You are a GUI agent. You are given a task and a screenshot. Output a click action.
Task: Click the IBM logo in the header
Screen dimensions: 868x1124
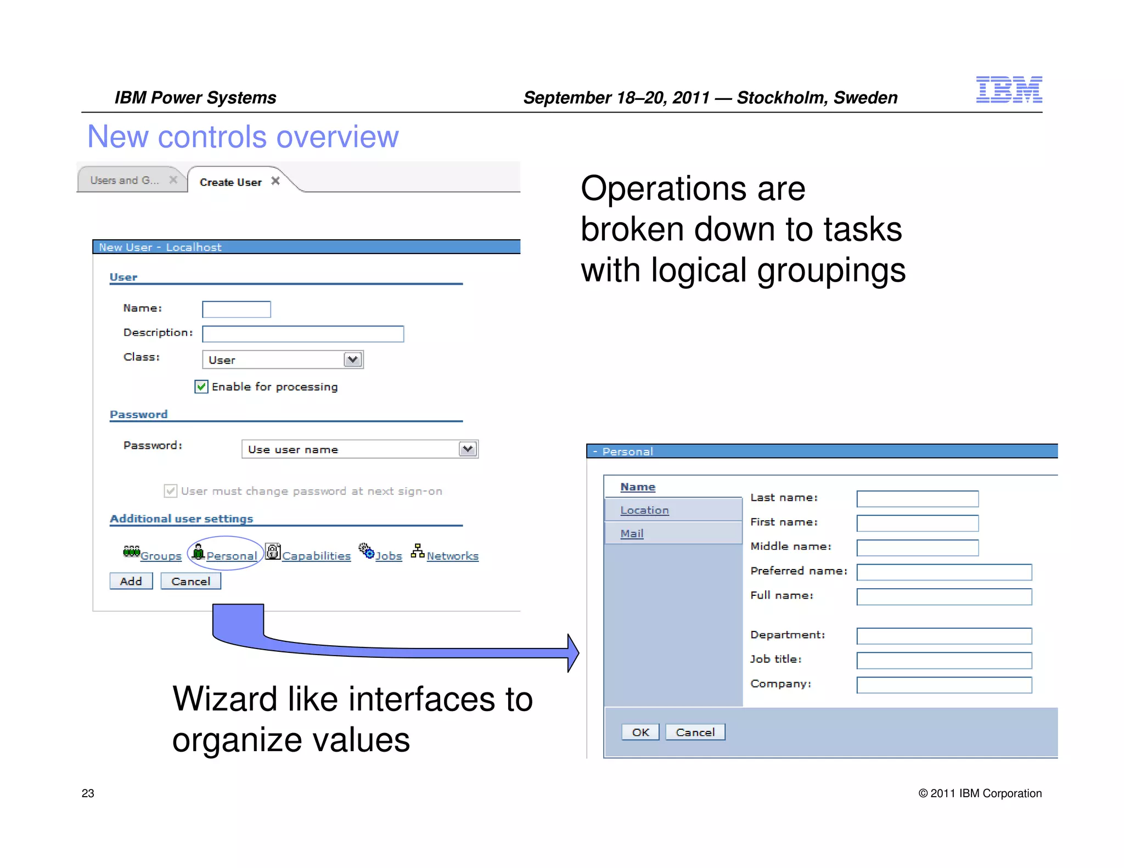tap(1008, 89)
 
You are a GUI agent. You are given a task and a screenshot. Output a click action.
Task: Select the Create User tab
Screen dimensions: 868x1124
tap(231, 182)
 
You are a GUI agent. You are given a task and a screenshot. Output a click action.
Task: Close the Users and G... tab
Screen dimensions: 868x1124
tap(173, 180)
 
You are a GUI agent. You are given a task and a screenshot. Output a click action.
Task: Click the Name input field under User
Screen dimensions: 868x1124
tap(237, 309)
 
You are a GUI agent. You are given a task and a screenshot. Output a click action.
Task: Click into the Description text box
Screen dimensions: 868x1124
tap(303, 334)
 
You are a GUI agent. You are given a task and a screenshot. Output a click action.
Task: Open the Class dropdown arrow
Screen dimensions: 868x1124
tap(353, 360)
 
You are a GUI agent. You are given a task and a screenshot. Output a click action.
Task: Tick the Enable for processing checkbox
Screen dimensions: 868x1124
tap(201, 387)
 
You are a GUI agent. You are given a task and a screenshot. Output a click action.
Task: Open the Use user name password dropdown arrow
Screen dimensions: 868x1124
tap(468, 449)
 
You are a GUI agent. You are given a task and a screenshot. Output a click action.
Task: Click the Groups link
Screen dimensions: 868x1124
tap(161, 556)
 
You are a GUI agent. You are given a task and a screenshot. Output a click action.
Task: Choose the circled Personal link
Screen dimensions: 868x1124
tap(232, 556)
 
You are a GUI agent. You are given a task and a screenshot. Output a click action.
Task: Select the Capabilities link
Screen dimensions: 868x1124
tap(316, 556)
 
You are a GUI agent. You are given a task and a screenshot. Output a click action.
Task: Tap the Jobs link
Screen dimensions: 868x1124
tap(389, 556)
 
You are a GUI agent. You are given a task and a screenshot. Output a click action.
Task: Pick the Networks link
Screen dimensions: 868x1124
tap(452, 556)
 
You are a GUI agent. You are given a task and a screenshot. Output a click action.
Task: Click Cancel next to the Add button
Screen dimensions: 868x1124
tap(190, 581)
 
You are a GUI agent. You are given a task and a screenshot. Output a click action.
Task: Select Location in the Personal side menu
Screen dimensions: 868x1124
tap(644, 510)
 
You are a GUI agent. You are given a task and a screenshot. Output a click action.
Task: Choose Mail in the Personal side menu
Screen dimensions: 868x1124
tap(632, 533)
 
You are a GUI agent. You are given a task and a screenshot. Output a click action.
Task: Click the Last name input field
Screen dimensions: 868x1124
tap(917, 499)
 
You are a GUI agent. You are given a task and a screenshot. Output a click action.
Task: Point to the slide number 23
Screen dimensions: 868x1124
tap(88, 793)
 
